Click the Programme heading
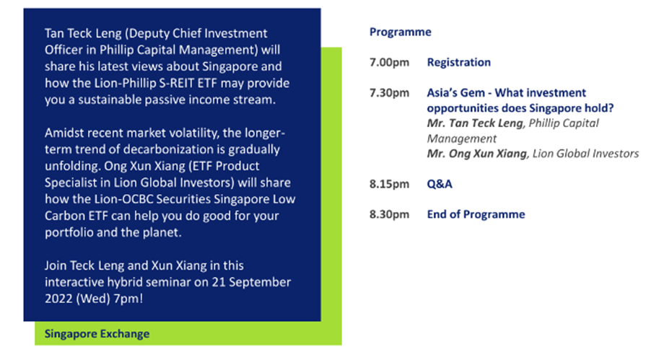click(400, 32)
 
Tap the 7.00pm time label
click(389, 63)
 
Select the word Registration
click(458, 63)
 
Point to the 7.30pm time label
click(389, 93)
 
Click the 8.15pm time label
click(389, 184)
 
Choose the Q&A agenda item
click(440, 184)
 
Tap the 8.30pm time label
click(389, 215)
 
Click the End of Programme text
click(476, 214)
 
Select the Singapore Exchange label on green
click(97, 334)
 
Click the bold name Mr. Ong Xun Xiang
click(477, 154)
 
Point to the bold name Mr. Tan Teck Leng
click(475, 123)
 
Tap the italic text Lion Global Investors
click(585, 154)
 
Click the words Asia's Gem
click(455, 93)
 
